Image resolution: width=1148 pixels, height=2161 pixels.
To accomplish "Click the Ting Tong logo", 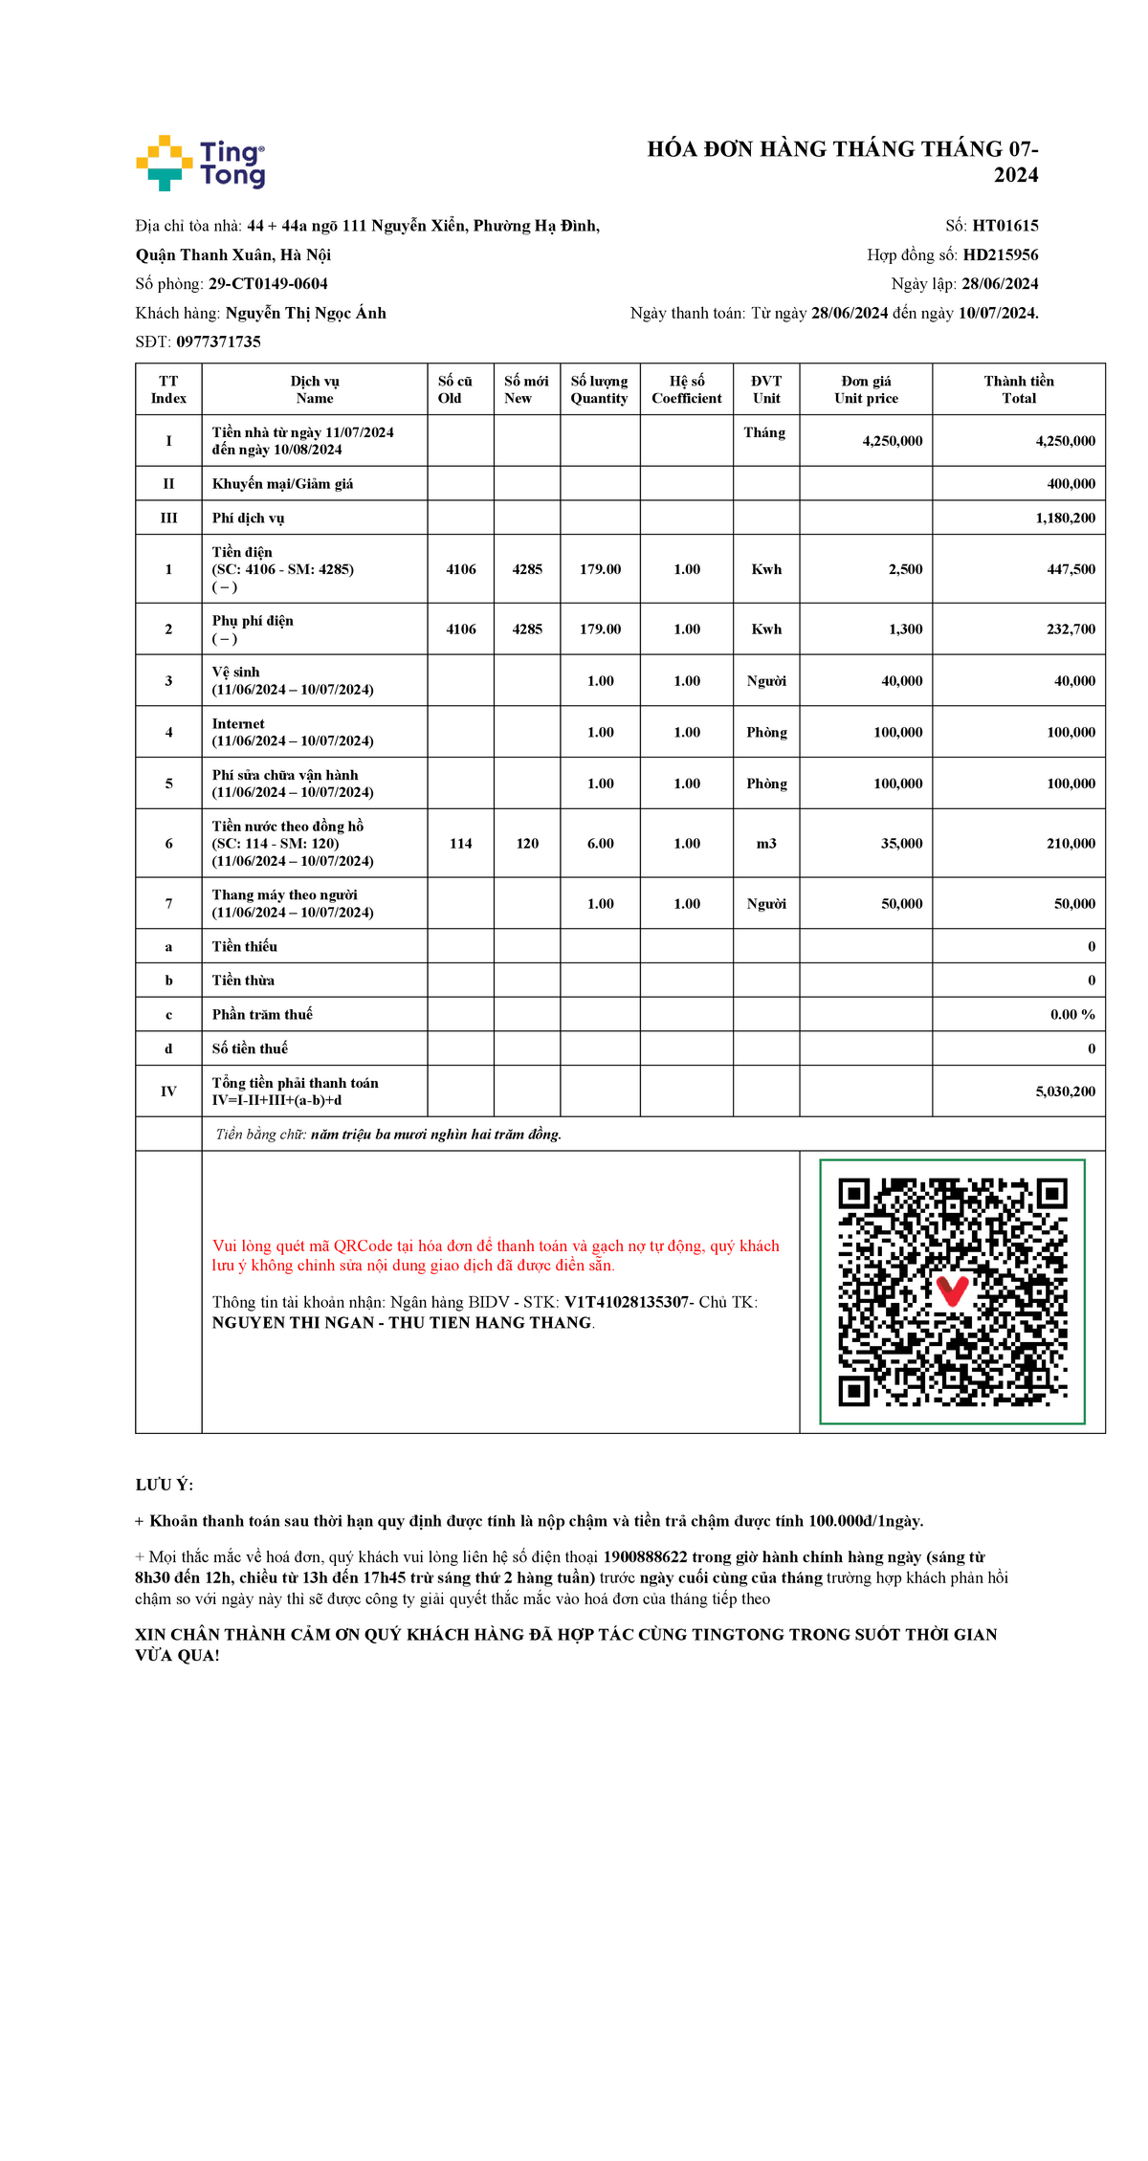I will tap(201, 163).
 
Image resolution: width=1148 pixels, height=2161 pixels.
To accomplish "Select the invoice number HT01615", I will tap(1005, 226).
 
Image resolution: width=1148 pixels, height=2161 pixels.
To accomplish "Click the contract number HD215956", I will tap(1001, 254).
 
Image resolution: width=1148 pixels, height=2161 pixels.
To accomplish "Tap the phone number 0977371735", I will tap(218, 342).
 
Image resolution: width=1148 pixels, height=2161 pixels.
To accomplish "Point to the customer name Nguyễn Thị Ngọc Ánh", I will tap(306, 313).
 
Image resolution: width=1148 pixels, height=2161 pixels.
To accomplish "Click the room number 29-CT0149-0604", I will tap(268, 284).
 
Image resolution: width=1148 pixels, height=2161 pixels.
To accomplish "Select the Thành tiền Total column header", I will tap(1019, 389).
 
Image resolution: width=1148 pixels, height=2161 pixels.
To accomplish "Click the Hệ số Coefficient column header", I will tap(687, 389).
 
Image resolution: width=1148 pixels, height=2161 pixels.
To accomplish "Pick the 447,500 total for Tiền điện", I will tap(1071, 569).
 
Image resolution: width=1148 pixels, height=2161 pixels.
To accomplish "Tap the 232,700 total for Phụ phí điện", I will tap(1071, 629).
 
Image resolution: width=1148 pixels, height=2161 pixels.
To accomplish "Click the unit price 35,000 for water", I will tap(902, 844).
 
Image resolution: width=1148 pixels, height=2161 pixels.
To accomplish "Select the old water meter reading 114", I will tap(461, 844).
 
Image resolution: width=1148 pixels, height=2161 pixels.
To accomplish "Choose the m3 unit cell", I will tap(766, 844).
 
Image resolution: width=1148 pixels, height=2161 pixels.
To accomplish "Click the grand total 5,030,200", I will tap(1066, 1092).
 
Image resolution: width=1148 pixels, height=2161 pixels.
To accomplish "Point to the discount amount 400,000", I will tap(1071, 484).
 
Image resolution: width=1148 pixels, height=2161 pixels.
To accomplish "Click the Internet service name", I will tap(238, 724).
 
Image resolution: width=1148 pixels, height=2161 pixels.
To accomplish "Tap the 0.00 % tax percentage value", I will tap(1072, 1015).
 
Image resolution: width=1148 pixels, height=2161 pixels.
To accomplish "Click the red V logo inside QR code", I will tap(952, 1290).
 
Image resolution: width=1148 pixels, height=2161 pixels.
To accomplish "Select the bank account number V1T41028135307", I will tap(627, 1302).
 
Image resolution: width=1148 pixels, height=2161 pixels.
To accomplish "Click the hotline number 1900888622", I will tap(645, 1557).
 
